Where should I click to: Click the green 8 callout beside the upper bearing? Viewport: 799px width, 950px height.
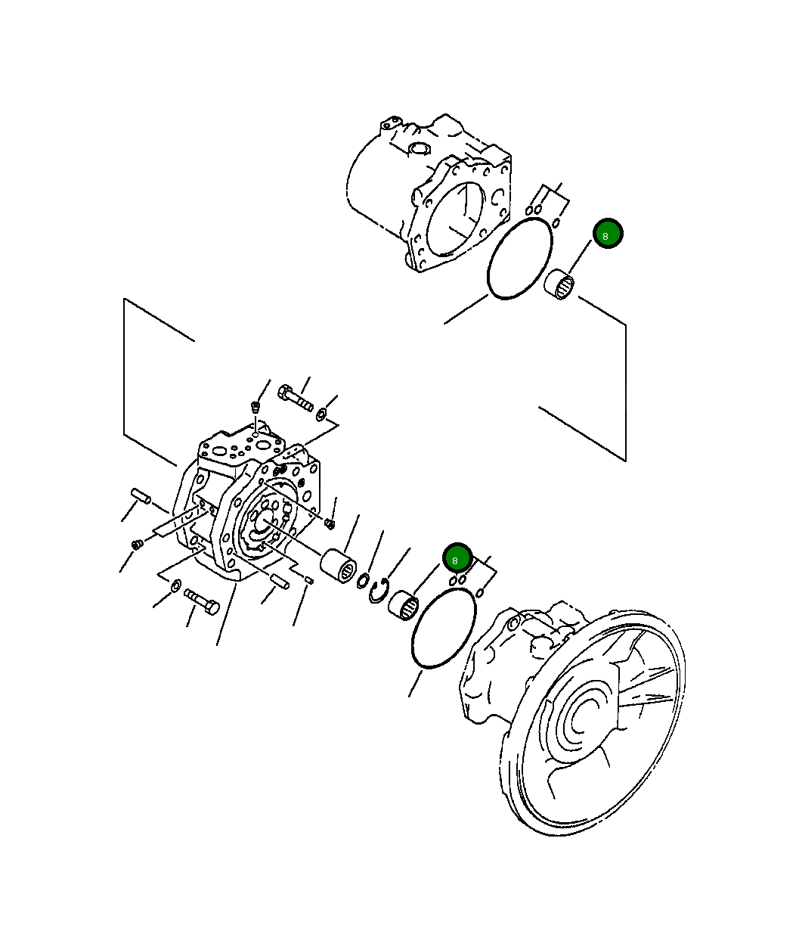click(608, 234)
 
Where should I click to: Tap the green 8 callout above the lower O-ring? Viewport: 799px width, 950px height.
click(457, 559)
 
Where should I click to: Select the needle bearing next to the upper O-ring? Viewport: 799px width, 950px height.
click(560, 284)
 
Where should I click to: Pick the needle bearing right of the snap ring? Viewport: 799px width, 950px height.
click(404, 605)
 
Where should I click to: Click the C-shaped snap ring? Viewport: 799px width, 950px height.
click(379, 591)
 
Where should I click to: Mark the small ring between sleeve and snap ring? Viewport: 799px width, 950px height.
click(363, 580)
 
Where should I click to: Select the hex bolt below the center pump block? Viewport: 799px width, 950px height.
click(201, 601)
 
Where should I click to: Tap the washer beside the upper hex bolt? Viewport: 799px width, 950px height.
click(322, 413)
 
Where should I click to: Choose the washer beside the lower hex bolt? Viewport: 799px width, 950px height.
click(175, 584)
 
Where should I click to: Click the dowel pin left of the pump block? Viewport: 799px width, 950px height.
click(140, 496)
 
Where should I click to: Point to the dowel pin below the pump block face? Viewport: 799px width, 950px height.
click(280, 581)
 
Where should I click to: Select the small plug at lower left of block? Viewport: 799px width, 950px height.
click(137, 544)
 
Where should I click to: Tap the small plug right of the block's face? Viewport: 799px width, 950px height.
click(330, 523)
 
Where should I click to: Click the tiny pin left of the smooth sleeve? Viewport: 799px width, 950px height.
click(309, 579)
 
